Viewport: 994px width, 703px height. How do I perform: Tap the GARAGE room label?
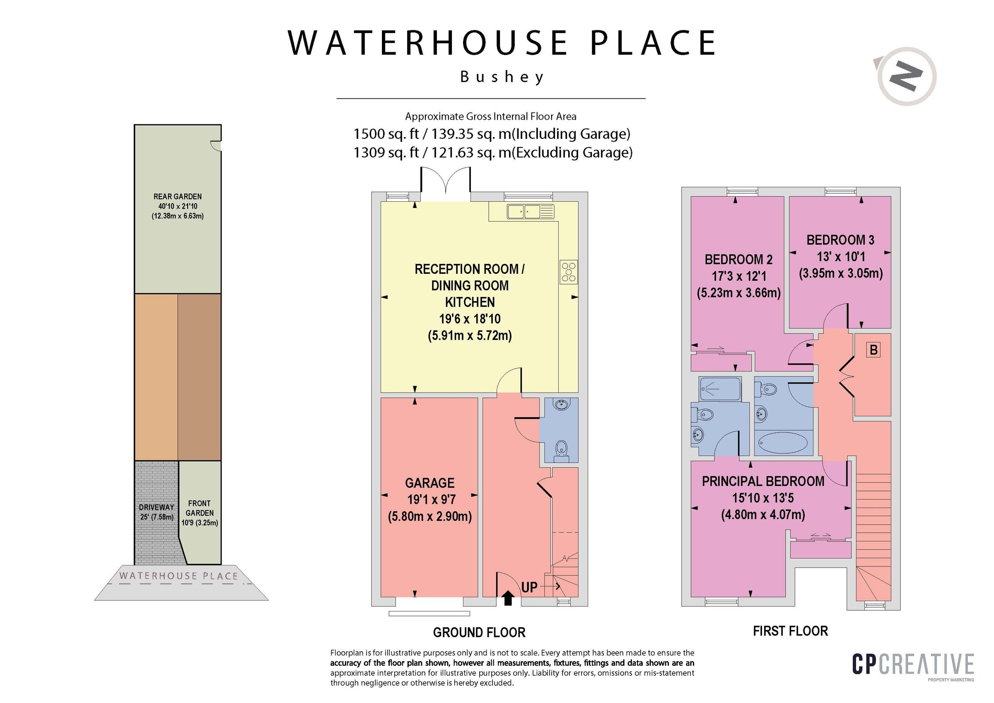click(x=429, y=483)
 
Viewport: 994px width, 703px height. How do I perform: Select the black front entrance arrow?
click(x=508, y=598)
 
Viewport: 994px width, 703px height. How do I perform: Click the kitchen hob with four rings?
click(x=568, y=272)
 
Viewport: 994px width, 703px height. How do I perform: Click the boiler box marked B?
click(x=873, y=350)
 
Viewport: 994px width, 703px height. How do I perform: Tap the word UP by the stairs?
click(x=529, y=587)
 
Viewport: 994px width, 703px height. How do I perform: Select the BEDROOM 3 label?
click(x=840, y=239)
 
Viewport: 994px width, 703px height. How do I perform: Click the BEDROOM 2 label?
click(x=738, y=259)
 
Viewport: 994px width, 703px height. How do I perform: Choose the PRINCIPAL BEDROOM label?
click(x=763, y=481)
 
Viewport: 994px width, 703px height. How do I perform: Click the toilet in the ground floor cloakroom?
click(x=561, y=452)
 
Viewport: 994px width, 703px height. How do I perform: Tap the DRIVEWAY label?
click(x=156, y=507)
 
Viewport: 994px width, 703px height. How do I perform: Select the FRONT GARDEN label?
click(x=200, y=508)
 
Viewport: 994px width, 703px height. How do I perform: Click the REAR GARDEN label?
click(x=178, y=197)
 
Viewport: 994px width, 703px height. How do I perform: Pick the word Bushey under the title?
click(x=502, y=77)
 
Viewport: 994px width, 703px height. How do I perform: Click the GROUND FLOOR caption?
click(x=479, y=633)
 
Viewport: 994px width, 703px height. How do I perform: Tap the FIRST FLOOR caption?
click(x=791, y=631)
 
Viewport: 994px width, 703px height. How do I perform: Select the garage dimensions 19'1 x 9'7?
click(x=431, y=500)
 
